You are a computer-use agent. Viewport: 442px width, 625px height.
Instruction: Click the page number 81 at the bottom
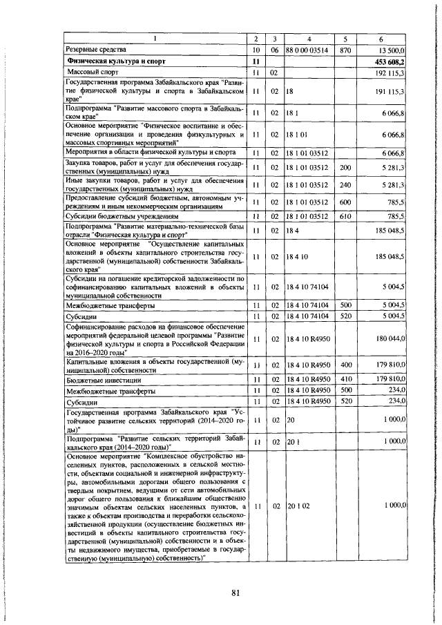(x=236, y=593)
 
